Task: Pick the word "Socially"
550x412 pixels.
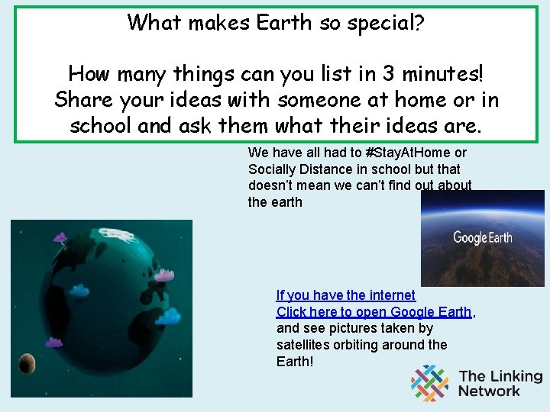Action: (x=273, y=169)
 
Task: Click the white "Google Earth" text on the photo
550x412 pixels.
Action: (x=483, y=237)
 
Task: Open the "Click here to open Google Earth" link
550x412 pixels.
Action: (x=374, y=312)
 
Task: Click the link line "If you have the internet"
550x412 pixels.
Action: (x=345, y=295)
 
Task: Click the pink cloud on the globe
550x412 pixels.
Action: (x=164, y=275)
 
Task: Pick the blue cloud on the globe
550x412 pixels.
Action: (x=167, y=314)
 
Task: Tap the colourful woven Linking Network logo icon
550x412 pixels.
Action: (x=430, y=383)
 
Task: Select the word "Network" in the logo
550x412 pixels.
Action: (x=489, y=391)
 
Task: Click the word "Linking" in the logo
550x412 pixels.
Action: (x=513, y=376)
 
